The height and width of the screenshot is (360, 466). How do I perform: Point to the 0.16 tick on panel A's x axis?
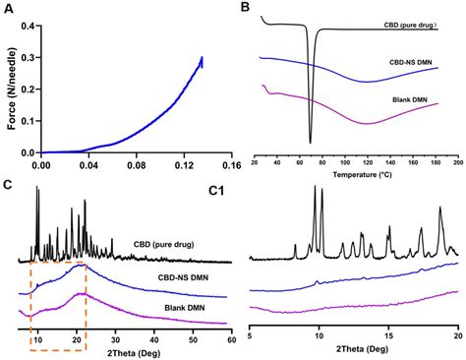point(230,166)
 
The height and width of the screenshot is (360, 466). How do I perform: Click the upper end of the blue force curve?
point(203,58)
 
